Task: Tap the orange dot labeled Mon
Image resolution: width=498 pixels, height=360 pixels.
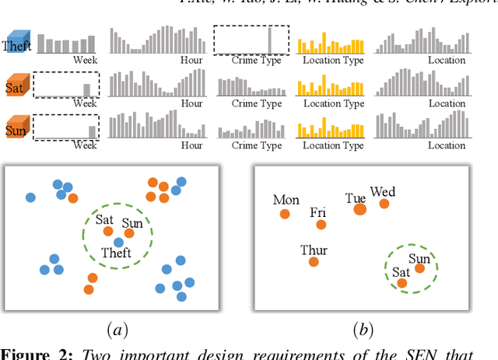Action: coord(285,214)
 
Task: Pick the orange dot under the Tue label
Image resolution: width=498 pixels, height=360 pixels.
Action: coord(359,208)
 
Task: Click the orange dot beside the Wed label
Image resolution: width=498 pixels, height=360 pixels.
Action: coord(384,204)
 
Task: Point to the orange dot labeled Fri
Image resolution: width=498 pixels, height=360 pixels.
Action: coord(321,225)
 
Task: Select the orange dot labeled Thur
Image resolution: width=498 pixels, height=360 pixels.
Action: coord(314,262)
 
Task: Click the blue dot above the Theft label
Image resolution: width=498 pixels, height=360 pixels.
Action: coord(117,243)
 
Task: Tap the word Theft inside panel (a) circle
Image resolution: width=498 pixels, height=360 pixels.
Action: coord(116,253)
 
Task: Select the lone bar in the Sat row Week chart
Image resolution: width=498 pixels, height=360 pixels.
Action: coord(87,89)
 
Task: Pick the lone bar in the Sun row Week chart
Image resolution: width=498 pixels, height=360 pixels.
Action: coord(92,131)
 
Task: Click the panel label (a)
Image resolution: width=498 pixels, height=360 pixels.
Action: coord(117,330)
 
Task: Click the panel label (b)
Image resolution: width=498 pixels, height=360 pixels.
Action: coord(363,330)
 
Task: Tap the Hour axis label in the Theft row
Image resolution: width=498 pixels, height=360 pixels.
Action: coord(191,60)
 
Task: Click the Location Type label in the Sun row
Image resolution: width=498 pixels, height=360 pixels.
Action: coord(333,145)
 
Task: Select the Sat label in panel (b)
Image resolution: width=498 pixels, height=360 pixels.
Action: coord(401,272)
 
